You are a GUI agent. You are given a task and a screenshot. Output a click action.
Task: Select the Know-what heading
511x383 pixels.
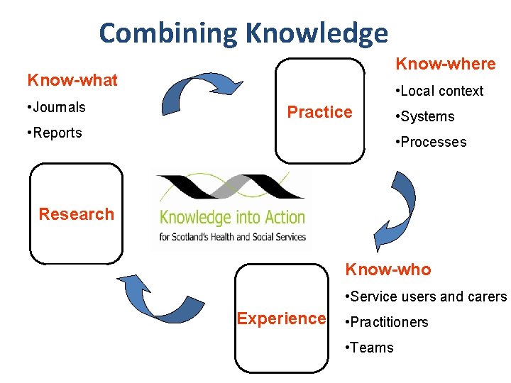[x=72, y=80]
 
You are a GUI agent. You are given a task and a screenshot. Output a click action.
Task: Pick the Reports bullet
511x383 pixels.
[x=54, y=133]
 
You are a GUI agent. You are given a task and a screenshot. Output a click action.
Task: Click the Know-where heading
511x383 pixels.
[x=445, y=64]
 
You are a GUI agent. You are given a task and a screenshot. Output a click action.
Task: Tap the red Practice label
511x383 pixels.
[x=319, y=112]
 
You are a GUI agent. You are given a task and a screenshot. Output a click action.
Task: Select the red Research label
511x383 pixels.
[x=76, y=214]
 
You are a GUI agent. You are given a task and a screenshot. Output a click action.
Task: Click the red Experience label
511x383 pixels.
[x=281, y=318]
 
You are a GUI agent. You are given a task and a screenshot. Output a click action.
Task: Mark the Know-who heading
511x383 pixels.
[x=388, y=270]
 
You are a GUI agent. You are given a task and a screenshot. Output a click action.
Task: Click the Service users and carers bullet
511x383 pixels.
[x=424, y=296]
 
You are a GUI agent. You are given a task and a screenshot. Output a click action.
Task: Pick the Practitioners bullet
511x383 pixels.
[x=386, y=322]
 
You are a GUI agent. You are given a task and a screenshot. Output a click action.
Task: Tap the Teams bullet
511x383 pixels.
[x=368, y=348]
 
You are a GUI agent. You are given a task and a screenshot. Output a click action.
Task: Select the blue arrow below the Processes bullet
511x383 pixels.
[x=397, y=209]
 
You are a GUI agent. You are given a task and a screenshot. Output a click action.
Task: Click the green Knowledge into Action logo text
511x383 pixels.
[x=232, y=218]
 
